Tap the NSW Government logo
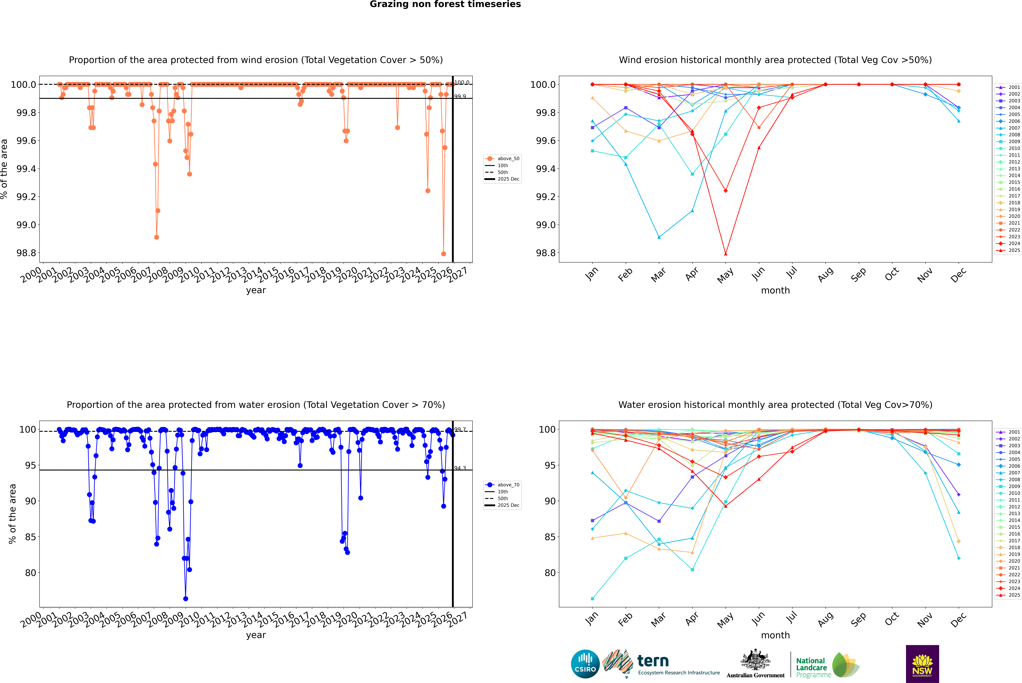(x=922, y=664)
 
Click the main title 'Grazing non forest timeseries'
(x=445, y=4)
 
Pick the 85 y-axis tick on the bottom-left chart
(x=30, y=537)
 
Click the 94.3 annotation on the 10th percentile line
(x=460, y=468)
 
